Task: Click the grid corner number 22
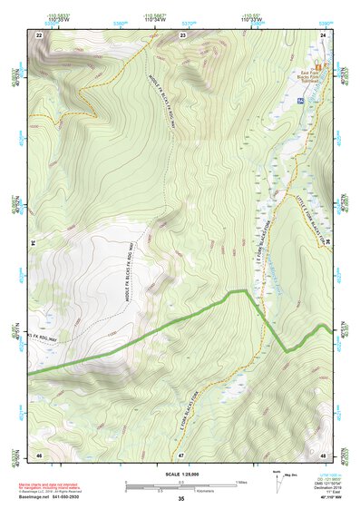click(39, 34)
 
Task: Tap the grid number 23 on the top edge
click(182, 34)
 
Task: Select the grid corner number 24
click(322, 34)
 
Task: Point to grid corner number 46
click(39, 454)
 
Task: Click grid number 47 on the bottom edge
click(180, 454)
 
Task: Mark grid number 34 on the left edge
click(32, 244)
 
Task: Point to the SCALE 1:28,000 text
click(180, 474)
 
